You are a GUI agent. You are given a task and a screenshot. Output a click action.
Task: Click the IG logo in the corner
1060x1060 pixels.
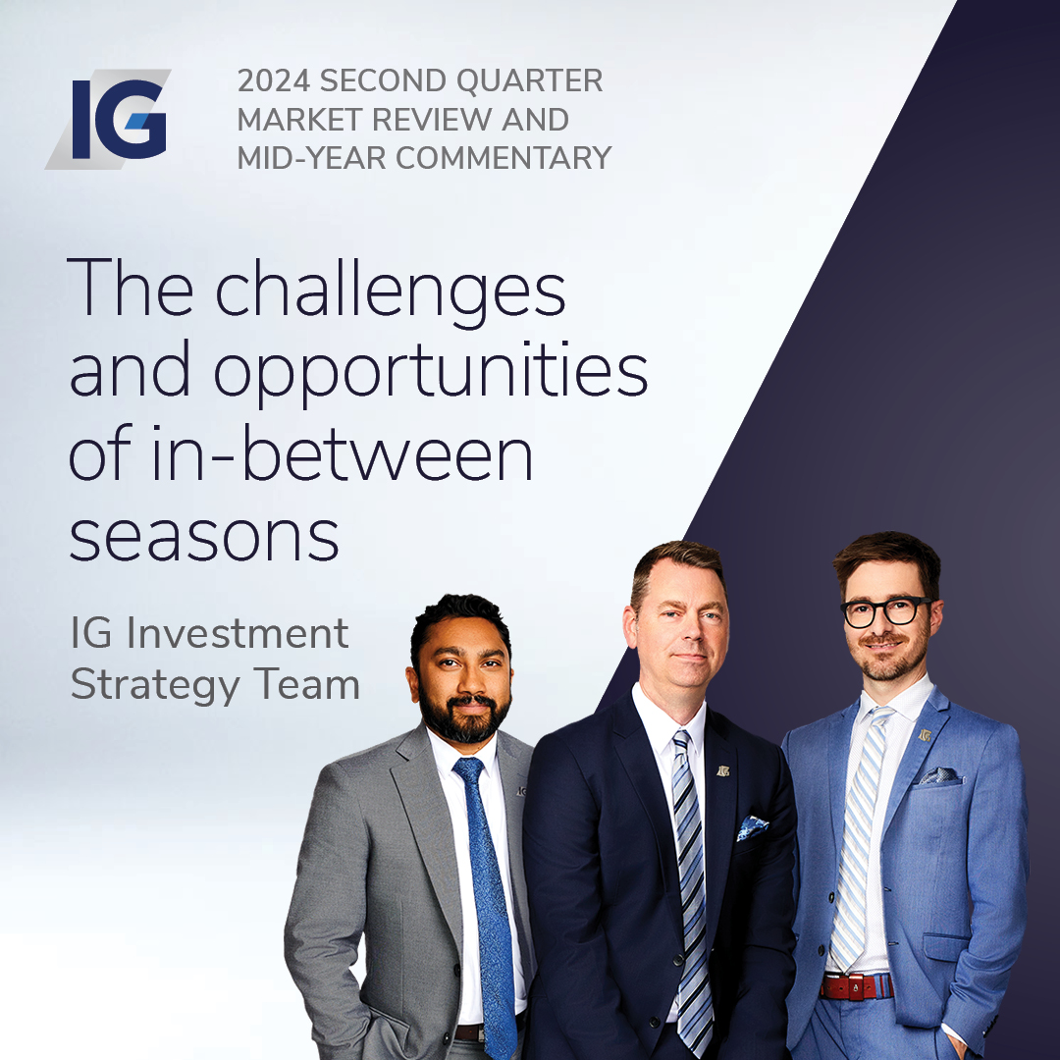point(108,119)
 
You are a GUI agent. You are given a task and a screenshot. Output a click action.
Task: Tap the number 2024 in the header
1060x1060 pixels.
point(274,81)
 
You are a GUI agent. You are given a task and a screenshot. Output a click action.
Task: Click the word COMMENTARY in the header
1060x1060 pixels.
point(503,158)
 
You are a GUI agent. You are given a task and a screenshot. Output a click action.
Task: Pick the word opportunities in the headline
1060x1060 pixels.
point(431,373)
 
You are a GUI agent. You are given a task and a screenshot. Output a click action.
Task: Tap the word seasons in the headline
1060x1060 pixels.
point(203,538)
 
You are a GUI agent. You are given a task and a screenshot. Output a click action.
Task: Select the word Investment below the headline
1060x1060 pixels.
point(238,633)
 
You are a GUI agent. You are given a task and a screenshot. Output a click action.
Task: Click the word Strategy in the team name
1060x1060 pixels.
point(155,686)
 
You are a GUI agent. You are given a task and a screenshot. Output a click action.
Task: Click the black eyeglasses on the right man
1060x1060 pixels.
point(886,611)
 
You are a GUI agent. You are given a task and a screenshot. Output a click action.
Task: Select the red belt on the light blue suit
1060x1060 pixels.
point(857,986)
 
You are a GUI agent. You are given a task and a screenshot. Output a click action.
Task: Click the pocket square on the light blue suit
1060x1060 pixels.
point(938,776)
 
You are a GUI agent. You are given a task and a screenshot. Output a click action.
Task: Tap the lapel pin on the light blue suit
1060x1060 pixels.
point(925,735)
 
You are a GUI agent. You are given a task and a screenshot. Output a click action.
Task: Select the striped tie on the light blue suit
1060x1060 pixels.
point(859,838)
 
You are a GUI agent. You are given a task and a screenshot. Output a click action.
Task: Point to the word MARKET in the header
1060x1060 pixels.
point(300,120)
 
